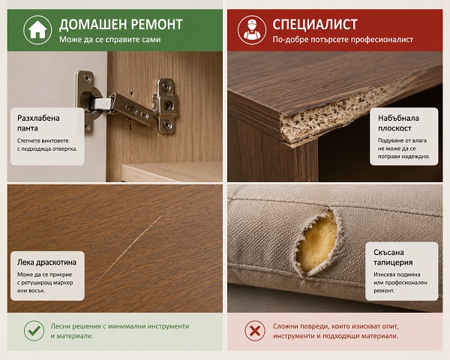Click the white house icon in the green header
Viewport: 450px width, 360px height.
[37, 30]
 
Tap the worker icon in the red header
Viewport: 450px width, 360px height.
[252, 30]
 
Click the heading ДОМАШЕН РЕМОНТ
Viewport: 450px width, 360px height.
[121, 25]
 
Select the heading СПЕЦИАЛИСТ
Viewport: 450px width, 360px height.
[315, 25]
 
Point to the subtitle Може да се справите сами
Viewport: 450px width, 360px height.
[110, 39]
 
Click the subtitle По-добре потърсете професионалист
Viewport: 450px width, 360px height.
[343, 39]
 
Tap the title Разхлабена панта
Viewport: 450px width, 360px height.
[38, 123]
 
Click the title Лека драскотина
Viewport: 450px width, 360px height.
[46, 262]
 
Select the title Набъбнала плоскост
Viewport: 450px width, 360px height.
[398, 123]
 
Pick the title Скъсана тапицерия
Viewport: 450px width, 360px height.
[393, 257]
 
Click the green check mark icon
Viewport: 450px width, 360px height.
[34, 331]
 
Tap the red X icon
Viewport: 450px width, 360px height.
[255, 331]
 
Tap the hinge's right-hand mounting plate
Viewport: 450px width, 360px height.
[165, 106]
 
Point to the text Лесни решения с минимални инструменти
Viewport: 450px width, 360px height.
[120, 326]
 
